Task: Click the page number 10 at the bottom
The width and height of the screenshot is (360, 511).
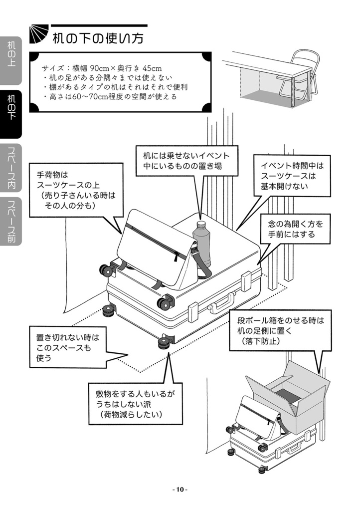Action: click(180, 489)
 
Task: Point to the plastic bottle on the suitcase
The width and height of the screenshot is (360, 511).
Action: click(202, 245)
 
